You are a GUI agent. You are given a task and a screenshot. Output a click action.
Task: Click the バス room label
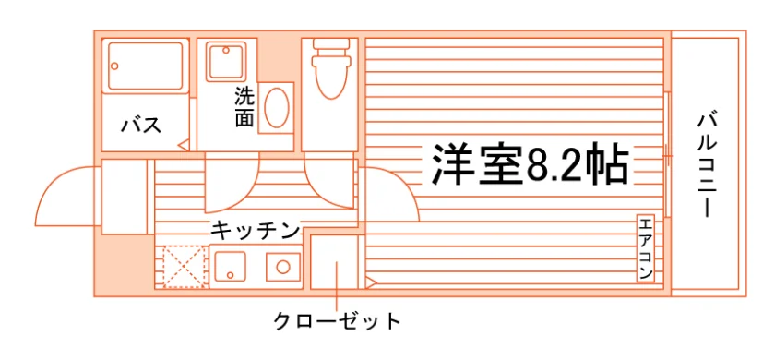pyautogui.click(x=141, y=126)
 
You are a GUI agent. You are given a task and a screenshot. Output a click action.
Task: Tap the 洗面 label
pyautogui.click(x=244, y=107)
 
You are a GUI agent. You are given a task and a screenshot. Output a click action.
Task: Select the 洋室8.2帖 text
pyautogui.click(x=531, y=164)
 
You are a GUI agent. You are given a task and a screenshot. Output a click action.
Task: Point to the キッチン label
pyautogui.click(x=256, y=231)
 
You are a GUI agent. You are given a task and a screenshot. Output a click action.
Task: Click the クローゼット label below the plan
pyautogui.click(x=337, y=321)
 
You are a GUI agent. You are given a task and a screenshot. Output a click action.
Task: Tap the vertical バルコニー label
pyautogui.click(x=708, y=165)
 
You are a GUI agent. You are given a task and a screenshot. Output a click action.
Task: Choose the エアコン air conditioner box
pyautogui.click(x=645, y=248)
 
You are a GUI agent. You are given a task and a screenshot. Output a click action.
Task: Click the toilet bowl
pyautogui.click(x=331, y=77)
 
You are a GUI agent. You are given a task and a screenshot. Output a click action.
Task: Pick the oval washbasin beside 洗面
pyautogui.click(x=276, y=108)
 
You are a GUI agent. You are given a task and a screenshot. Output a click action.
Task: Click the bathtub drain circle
pyautogui.click(x=114, y=66)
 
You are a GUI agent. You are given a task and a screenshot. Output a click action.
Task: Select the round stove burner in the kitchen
pyautogui.click(x=282, y=267)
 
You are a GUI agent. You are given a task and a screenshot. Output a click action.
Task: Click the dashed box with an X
pyautogui.click(x=184, y=267)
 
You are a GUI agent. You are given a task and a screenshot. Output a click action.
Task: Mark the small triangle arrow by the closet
pyautogui.click(x=371, y=283)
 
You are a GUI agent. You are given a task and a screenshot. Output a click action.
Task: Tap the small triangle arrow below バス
pyautogui.click(x=184, y=146)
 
